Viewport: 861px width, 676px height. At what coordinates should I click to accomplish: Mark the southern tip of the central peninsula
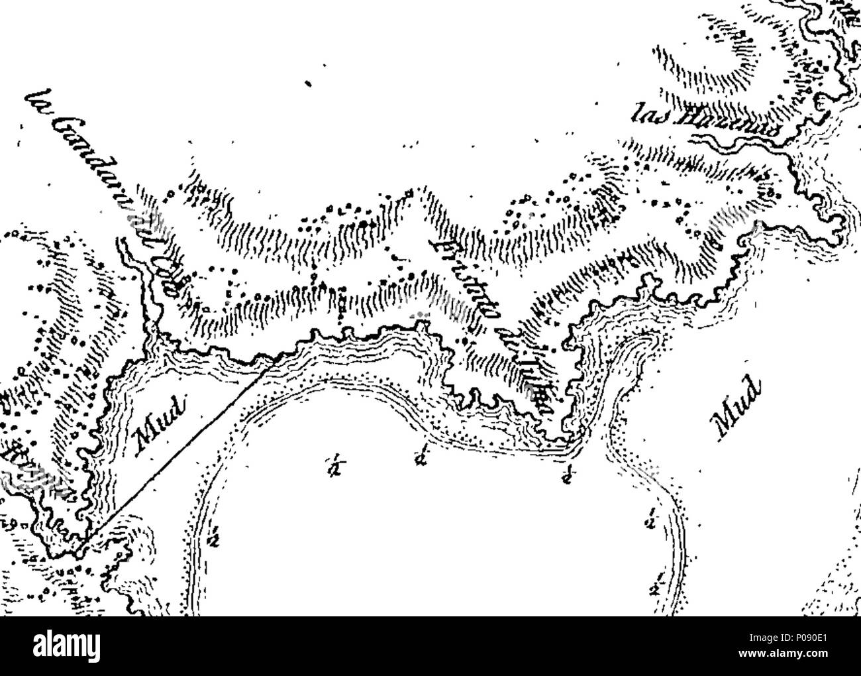point(563,441)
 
